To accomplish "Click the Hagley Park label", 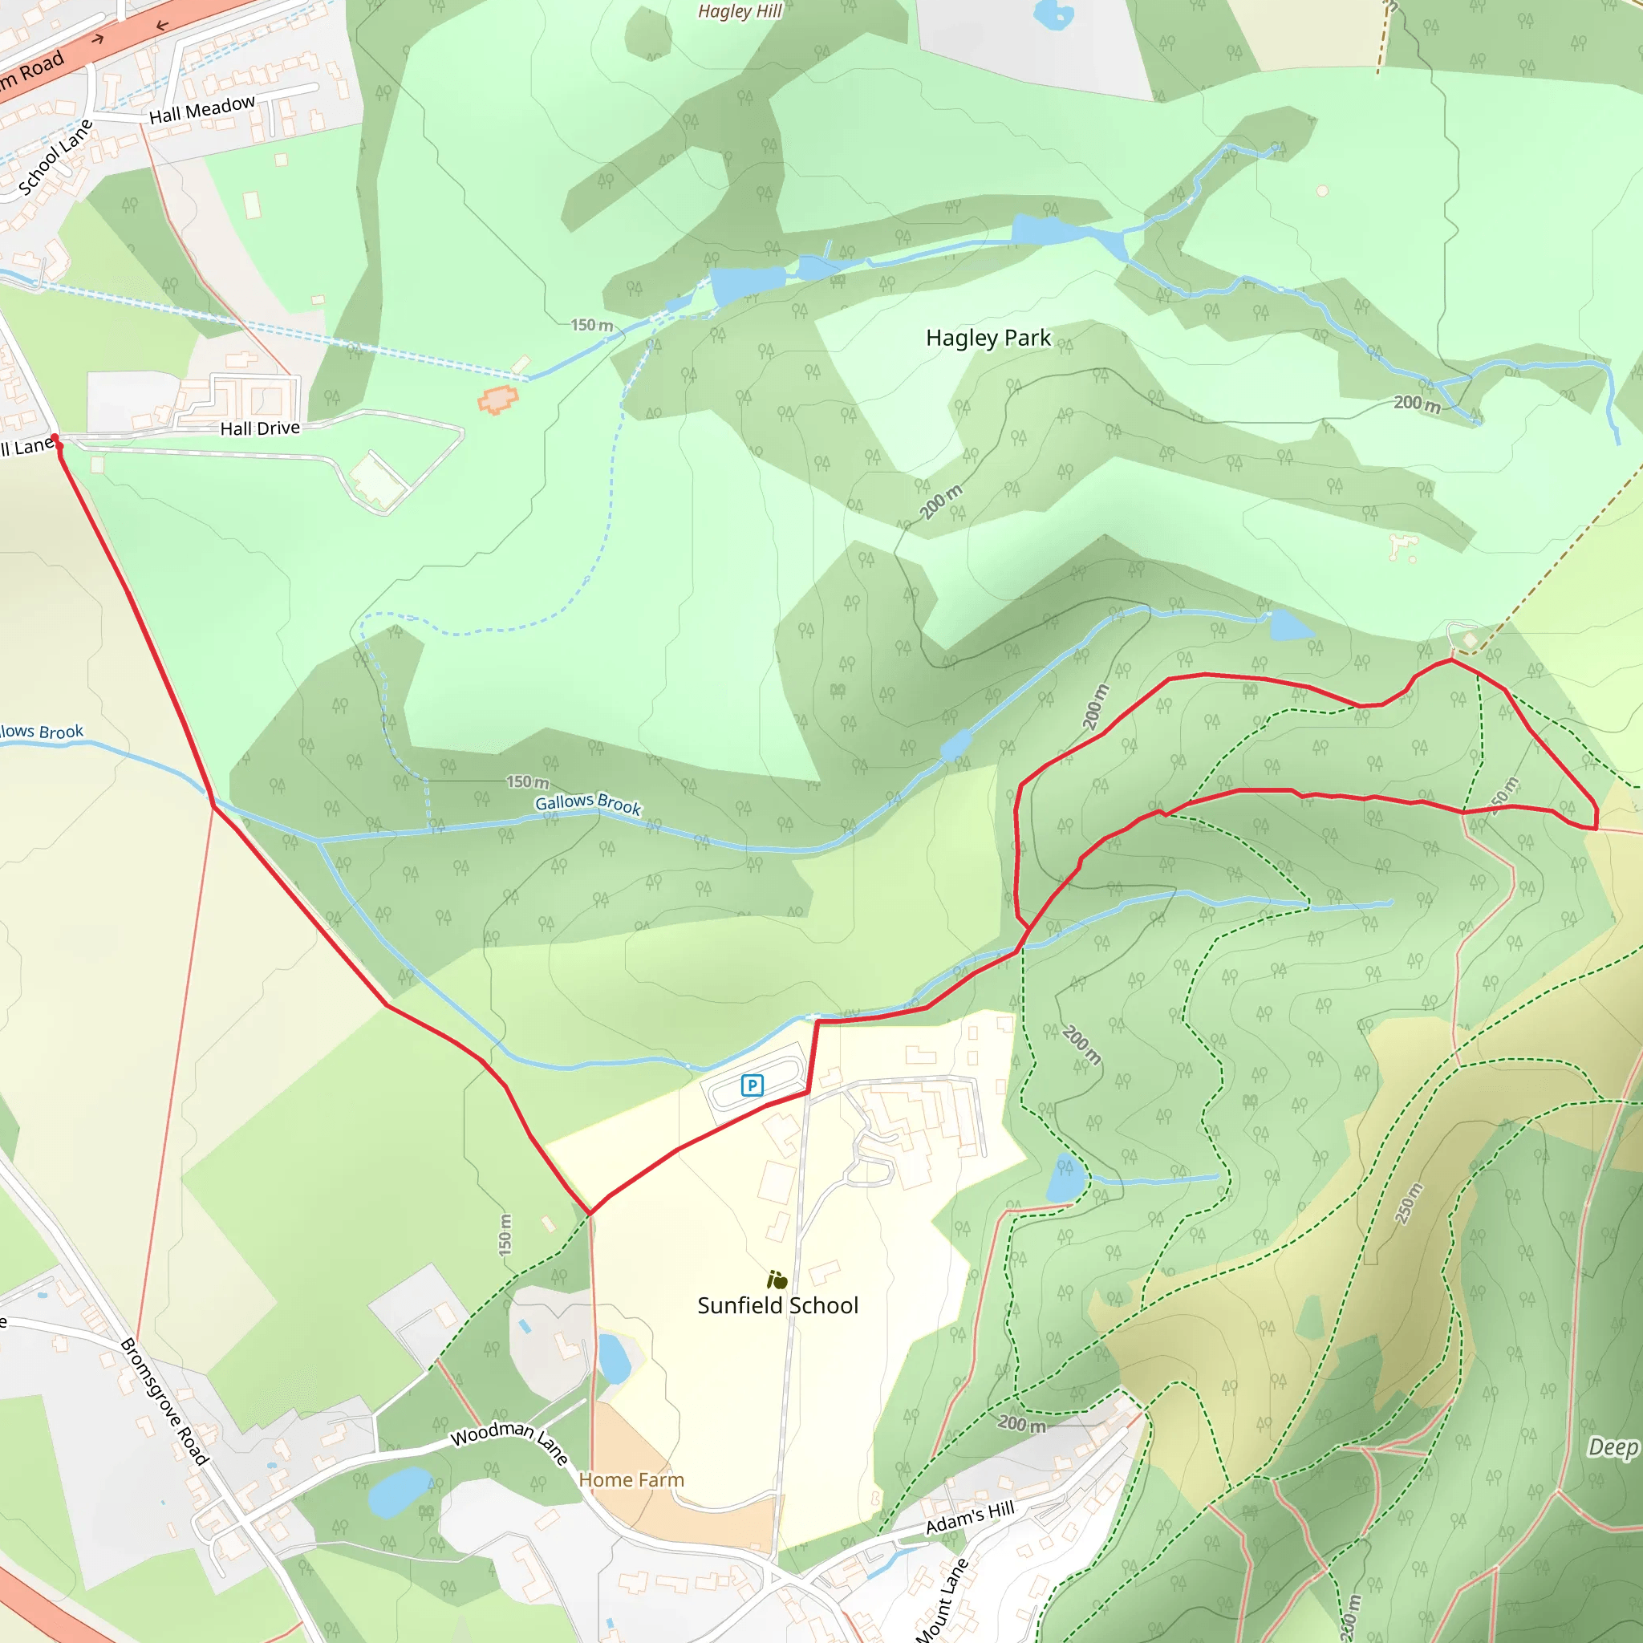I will [988, 339].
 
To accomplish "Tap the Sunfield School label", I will [777, 1305].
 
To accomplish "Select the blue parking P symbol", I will [752, 1085].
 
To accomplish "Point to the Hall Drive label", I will [259, 428].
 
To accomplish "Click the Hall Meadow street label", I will [201, 110].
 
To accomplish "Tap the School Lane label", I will [55, 158].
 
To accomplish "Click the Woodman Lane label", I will [509, 1441].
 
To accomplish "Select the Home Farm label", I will [631, 1479].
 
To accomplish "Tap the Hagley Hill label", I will [739, 11].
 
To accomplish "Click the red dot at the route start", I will [55, 438].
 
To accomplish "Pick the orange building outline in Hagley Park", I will [497, 399].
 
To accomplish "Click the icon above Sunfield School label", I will [777, 1280].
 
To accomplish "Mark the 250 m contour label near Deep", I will [1409, 1203].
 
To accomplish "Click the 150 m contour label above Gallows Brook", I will [527, 781].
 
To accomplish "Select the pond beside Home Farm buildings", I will [614, 1357].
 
